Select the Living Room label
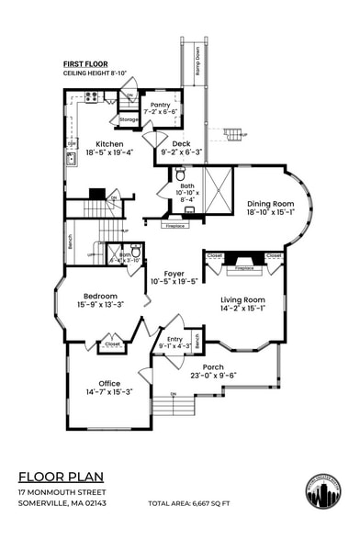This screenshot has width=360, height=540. [x=242, y=299]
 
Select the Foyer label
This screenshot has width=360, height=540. [x=174, y=274]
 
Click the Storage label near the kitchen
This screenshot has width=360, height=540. [x=129, y=118]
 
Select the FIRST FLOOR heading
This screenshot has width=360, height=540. [x=85, y=62]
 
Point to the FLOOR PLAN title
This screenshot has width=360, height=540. [x=61, y=477]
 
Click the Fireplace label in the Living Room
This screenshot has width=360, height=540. [x=244, y=270]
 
